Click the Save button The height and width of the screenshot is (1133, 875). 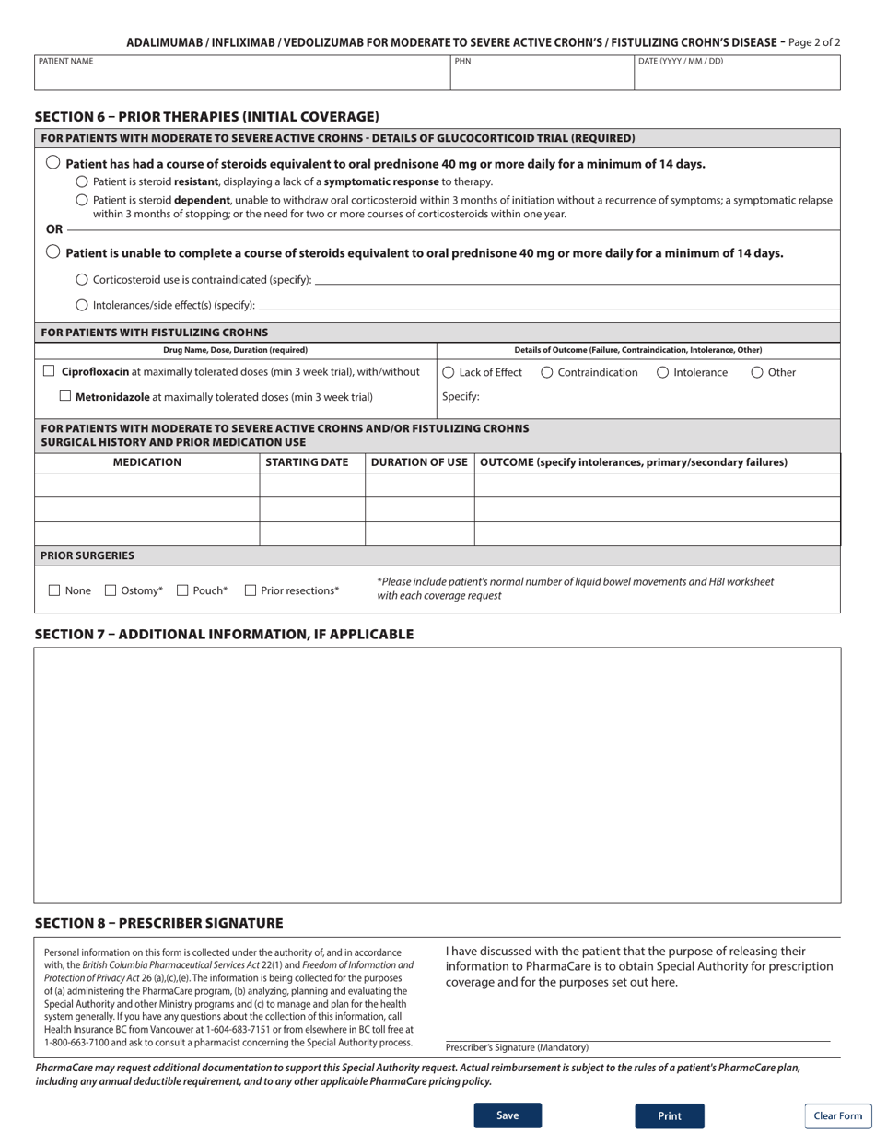[507, 1115]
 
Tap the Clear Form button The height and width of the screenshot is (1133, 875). [837, 1115]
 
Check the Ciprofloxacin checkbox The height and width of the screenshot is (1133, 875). [50, 371]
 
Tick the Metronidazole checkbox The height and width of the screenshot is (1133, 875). [64, 396]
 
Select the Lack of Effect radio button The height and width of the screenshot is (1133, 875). [449, 372]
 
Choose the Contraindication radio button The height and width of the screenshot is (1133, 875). [547, 372]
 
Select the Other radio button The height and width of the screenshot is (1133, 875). [757, 372]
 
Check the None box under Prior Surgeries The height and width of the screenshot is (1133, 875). [53, 590]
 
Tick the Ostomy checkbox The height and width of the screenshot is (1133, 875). [111, 590]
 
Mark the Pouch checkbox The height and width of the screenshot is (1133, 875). [182, 590]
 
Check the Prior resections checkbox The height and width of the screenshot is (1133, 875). [251, 590]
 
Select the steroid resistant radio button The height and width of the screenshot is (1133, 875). [82, 181]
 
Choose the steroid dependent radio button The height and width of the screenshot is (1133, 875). [82, 200]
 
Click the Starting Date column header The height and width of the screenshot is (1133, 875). [312, 462]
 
